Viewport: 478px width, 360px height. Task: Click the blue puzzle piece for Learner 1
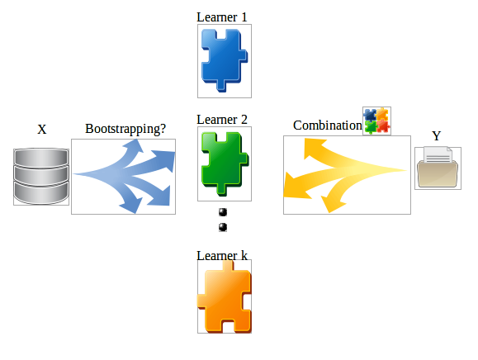coord(223,60)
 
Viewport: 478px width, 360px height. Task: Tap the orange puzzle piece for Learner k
coord(224,297)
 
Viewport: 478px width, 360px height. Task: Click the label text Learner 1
coord(222,17)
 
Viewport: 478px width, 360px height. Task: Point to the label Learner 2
coord(222,119)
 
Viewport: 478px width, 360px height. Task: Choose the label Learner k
coord(222,255)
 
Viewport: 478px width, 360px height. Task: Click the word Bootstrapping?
coord(125,130)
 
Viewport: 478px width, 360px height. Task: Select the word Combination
coord(327,126)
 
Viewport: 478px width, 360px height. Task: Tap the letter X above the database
coord(42,130)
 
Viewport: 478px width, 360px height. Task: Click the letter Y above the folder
coord(437,135)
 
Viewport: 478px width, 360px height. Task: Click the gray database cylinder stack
coord(39,175)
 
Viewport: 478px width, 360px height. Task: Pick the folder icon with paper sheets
coord(438,168)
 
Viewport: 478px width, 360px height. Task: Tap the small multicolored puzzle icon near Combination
coord(377,121)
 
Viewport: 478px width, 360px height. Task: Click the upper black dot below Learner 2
coord(222,213)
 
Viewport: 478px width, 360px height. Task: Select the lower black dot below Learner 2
coord(222,227)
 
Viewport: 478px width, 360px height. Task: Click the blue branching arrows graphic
coord(124,176)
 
